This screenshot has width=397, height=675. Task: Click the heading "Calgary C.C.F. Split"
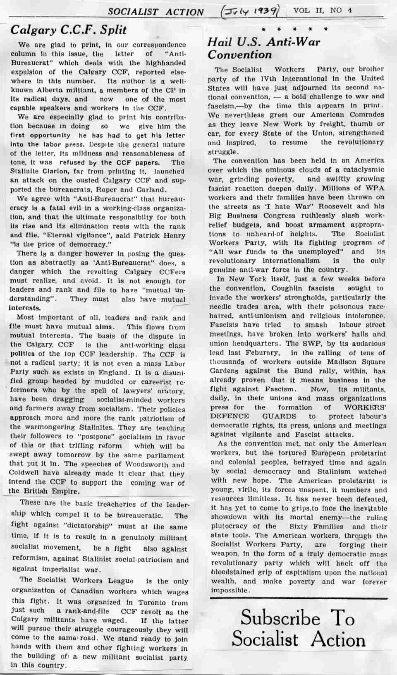tap(69, 30)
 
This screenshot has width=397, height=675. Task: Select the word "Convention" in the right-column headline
tap(240, 55)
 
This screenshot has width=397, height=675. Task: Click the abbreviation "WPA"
tap(374, 188)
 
